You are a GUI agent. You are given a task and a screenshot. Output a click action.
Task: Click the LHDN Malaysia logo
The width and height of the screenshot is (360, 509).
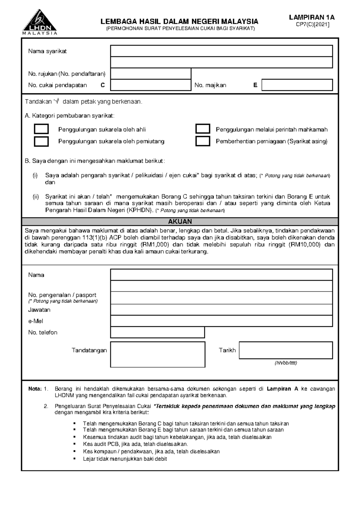39,23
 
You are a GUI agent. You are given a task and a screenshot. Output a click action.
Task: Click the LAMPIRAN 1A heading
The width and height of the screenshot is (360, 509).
312,17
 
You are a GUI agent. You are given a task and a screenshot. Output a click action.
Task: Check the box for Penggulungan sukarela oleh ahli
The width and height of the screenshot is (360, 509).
41,129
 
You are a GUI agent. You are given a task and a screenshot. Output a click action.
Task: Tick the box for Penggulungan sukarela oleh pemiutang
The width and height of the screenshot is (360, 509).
41,141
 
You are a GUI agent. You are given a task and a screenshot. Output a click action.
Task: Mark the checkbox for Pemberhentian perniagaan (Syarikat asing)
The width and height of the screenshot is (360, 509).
203,141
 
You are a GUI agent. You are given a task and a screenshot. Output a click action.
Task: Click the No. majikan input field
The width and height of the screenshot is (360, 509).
297,85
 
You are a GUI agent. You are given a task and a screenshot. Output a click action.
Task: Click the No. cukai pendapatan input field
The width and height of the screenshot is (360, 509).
151,85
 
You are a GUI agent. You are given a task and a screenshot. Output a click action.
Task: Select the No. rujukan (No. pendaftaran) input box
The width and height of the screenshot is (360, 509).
151,74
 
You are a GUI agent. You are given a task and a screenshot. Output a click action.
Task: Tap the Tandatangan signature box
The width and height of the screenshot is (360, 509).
157,354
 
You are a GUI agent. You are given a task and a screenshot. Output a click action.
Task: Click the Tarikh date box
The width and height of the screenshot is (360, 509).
286,350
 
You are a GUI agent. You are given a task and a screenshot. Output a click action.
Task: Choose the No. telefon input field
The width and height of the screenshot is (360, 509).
157,332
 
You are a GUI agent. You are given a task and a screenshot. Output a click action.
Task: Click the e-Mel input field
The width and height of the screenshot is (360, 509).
221,321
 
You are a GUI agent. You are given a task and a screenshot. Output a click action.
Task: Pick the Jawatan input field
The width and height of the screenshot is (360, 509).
221,309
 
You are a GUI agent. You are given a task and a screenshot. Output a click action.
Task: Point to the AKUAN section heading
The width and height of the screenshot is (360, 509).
180,222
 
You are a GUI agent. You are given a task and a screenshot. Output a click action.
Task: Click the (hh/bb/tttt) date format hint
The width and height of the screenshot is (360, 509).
286,363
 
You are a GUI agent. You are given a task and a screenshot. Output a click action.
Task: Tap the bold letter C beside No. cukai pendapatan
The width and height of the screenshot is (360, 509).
103,85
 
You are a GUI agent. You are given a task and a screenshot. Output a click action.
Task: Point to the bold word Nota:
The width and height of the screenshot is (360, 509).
35,389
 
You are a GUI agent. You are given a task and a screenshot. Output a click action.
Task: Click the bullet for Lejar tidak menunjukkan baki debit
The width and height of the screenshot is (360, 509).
75,459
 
